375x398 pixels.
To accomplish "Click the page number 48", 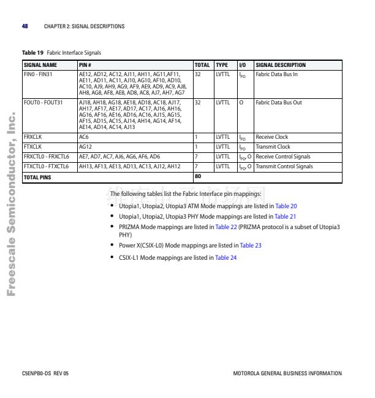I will tap(25, 26).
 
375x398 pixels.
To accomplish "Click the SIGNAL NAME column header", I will tap(40, 65).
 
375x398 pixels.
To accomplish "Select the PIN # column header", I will tap(85, 65).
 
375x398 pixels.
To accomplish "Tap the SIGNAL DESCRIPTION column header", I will tap(281, 65).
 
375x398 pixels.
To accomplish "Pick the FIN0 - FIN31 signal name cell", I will tap(39, 74).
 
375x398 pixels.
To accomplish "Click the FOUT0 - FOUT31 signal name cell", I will tap(43, 103).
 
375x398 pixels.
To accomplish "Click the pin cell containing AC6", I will tap(83, 137).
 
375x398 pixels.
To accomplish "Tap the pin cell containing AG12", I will tap(85, 147).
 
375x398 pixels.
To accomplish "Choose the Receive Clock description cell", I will tap(271, 137).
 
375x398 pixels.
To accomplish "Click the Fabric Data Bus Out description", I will tap(279, 103).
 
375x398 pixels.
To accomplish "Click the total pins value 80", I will tap(198, 176).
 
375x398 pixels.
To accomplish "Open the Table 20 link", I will tap(286, 206).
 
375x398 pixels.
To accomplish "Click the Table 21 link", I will tap(285, 217).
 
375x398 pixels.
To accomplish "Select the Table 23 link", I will tap(251, 246).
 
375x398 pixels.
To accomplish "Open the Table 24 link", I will tap(225, 258).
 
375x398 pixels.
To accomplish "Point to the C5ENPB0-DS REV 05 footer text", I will tap(45, 373).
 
